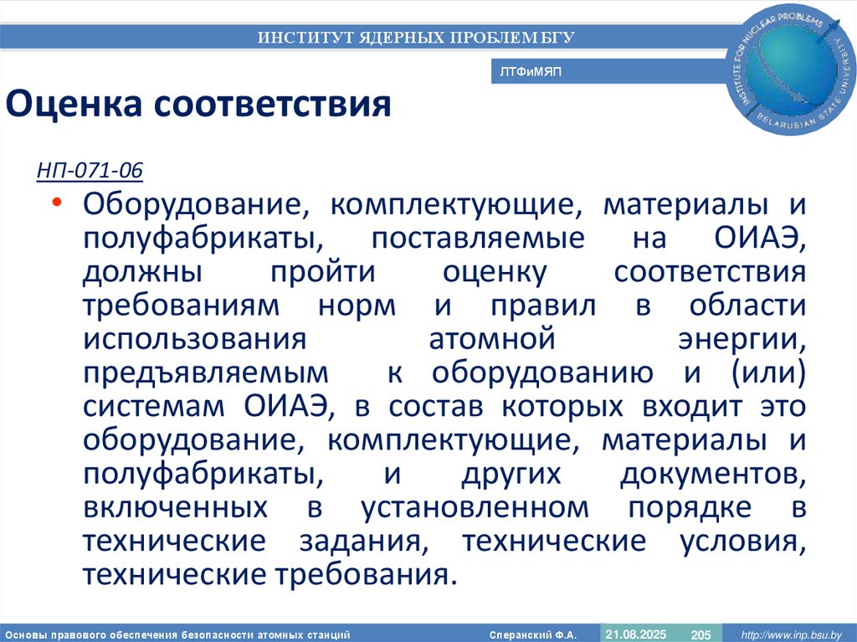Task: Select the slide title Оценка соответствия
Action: click(x=199, y=105)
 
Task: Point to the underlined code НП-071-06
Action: click(x=90, y=172)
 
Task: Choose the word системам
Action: click(x=157, y=407)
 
